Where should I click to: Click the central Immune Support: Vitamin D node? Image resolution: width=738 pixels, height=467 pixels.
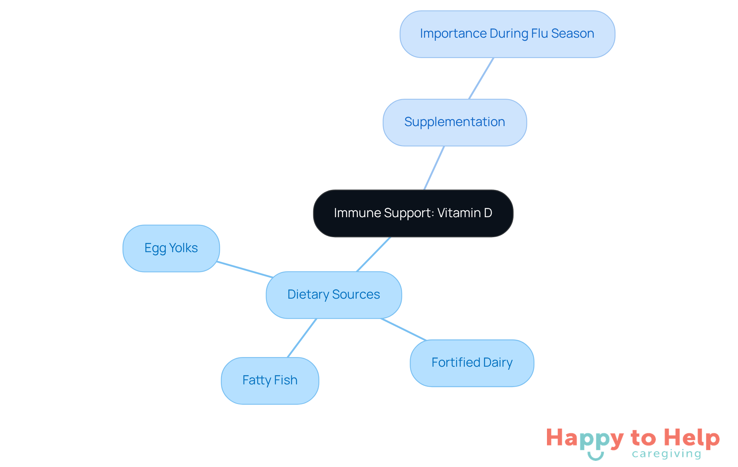coord(413,213)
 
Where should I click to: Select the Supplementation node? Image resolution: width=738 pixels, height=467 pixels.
coord(454,122)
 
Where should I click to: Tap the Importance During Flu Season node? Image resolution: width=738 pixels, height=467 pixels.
coord(507,34)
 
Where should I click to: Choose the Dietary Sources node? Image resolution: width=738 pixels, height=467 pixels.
coord(334,295)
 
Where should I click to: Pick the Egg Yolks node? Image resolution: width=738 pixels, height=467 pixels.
coord(171,248)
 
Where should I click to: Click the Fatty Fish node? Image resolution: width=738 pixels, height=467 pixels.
coord(270,381)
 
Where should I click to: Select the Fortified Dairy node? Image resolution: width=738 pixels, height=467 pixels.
coord(472,363)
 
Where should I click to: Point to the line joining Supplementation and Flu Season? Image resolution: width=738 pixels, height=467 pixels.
coord(481,78)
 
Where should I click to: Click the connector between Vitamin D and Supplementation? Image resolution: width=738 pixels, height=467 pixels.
coord(434,168)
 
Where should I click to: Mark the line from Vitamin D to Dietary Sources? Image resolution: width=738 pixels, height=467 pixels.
coord(374,254)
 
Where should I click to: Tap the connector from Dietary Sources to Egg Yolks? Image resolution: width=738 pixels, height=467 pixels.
coord(245,269)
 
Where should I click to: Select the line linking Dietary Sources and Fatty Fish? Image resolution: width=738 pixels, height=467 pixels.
coord(302,338)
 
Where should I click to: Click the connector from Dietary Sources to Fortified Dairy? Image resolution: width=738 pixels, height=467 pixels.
coord(403,329)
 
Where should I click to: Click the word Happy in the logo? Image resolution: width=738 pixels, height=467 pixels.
coord(585,438)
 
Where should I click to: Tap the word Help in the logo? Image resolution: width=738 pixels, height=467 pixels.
coord(692,438)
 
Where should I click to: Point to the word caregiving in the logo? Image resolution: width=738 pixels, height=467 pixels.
coord(667,454)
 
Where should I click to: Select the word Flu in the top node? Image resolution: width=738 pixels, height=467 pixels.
coord(539,34)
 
